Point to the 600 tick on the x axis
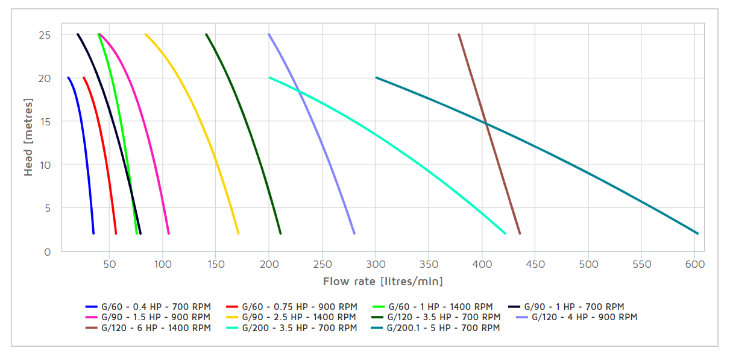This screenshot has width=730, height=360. pos(695,264)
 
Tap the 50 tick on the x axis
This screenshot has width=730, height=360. pos(109,264)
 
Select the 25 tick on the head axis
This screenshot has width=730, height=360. pos(45,35)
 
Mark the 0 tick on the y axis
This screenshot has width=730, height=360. pos(48,251)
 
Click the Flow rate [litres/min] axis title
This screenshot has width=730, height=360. pos(383,282)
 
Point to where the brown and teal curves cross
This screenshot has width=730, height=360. pos(485,123)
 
